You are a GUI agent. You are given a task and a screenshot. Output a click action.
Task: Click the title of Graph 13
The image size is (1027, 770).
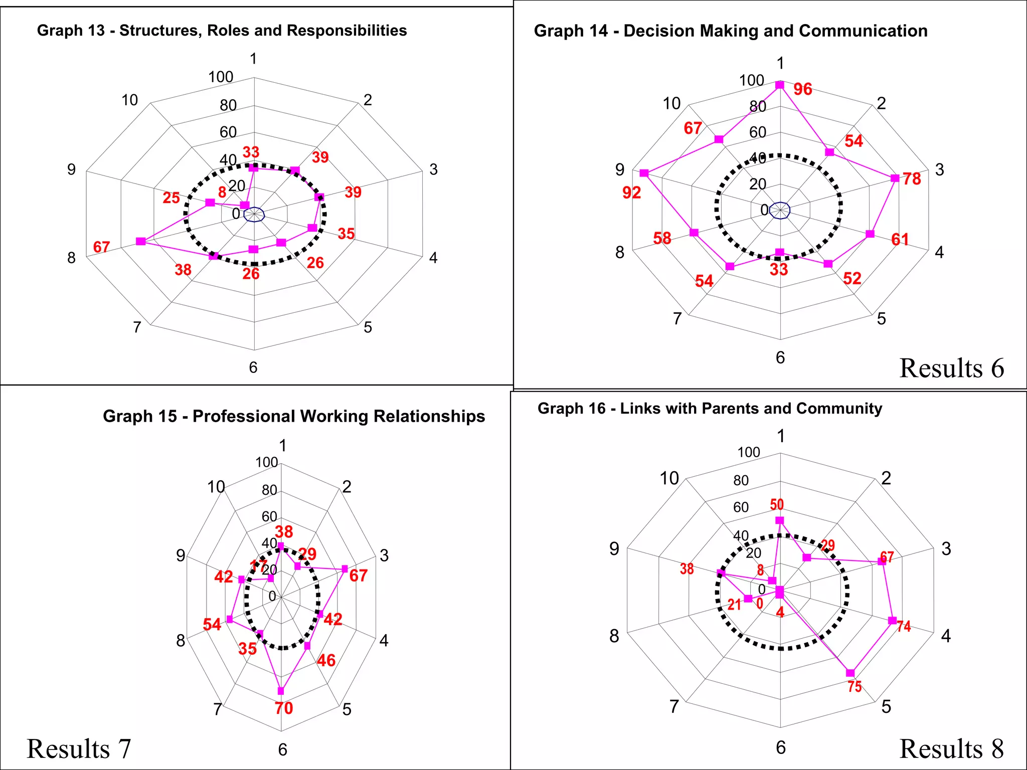pos(222,31)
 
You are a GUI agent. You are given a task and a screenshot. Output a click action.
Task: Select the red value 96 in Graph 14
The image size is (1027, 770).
pos(802,89)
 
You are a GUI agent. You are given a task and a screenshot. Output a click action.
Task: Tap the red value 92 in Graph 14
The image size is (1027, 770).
pos(631,192)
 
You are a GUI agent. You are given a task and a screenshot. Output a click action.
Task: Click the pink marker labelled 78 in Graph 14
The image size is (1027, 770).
pos(895,178)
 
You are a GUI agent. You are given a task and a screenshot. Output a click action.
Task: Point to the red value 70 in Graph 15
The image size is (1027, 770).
pos(283,708)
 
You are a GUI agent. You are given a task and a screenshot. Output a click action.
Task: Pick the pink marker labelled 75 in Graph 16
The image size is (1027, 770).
pos(850,673)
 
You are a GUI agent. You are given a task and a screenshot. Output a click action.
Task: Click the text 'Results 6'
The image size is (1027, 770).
pos(951,368)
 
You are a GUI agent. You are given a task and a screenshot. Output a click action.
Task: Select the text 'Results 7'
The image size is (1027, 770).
pos(79,749)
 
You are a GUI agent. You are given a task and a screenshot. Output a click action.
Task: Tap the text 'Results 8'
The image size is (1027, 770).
pos(951,749)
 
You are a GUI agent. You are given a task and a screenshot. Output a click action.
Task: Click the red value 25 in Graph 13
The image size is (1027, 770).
pos(171,198)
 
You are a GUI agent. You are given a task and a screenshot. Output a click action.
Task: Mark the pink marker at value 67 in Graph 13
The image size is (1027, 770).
pos(141,242)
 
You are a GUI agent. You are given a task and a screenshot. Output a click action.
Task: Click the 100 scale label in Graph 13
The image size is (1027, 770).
pos(221,77)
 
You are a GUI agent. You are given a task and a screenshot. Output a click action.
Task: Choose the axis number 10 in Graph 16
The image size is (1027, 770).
pos(669,478)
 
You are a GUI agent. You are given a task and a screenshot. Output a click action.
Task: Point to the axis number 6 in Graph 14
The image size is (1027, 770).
pos(780,357)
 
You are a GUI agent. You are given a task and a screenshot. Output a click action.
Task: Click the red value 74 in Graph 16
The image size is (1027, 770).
pos(904,626)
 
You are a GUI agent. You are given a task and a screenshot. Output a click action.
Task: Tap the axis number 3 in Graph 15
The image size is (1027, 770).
pos(384,555)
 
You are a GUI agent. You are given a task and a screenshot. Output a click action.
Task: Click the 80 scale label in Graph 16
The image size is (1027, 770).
pos(741,480)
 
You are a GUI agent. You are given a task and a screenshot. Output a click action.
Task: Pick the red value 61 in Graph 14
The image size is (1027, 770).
pos(900,240)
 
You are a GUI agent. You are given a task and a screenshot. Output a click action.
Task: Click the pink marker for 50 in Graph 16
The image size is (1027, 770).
pos(779,520)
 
